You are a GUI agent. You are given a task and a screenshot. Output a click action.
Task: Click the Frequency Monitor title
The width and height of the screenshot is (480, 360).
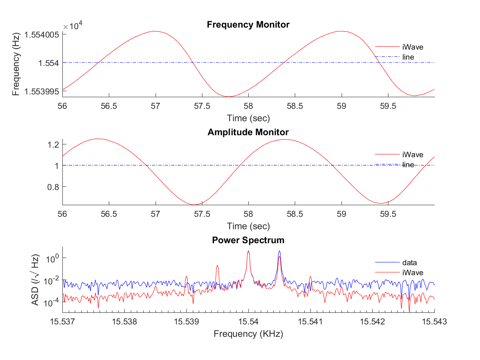coord(248,25)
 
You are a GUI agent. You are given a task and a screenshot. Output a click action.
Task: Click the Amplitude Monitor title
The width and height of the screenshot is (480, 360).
coord(248,132)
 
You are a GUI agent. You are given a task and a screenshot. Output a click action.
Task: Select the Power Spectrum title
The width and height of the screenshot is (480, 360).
coord(248,240)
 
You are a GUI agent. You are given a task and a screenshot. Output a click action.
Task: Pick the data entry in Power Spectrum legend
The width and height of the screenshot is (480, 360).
coord(410,263)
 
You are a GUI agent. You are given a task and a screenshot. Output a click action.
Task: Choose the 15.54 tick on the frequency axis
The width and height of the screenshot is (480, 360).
coord(248,321)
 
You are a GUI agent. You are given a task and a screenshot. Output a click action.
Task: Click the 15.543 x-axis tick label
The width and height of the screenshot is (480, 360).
coord(434,321)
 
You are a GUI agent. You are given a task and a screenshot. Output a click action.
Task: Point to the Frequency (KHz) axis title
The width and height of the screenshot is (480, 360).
coord(248,334)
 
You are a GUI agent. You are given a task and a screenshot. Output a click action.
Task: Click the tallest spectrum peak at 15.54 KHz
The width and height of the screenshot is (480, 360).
coord(248,252)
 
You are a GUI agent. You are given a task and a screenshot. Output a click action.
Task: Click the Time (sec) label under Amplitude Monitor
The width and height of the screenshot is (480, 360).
coord(248,226)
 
